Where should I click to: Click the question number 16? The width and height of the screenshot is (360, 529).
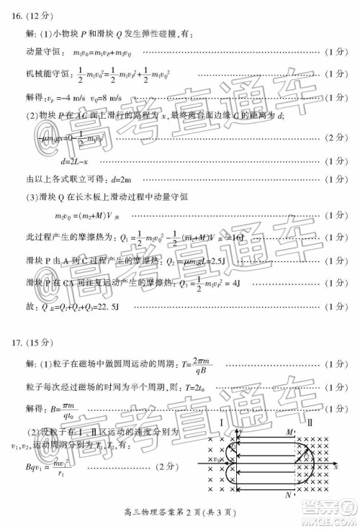(x=14, y=15)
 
